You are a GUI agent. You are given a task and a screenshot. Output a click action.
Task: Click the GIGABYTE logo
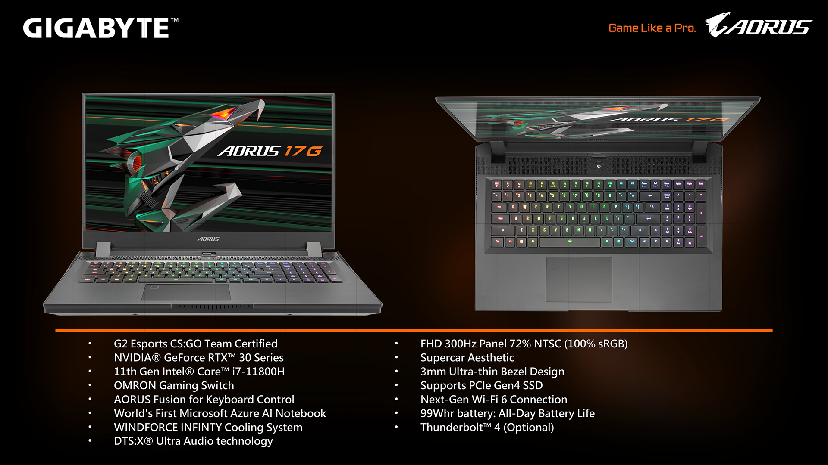click(100, 28)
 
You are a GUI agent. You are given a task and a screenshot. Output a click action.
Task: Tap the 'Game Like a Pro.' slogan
click(652, 28)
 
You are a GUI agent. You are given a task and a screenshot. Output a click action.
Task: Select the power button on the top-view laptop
click(599, 166)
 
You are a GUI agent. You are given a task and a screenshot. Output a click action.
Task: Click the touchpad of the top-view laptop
click(579, 280)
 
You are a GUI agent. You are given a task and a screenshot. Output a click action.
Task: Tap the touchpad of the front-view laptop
click(186, 291)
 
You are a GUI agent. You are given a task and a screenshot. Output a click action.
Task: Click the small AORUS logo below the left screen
click(208, 239)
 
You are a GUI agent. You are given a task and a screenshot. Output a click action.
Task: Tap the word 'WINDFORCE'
click(145, 427)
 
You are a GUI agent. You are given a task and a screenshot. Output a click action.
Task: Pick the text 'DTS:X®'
click(133, 441)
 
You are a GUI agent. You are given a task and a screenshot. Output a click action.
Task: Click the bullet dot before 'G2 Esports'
click(90, 344)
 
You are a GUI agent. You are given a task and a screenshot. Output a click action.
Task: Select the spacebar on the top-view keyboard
click(570, 242)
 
